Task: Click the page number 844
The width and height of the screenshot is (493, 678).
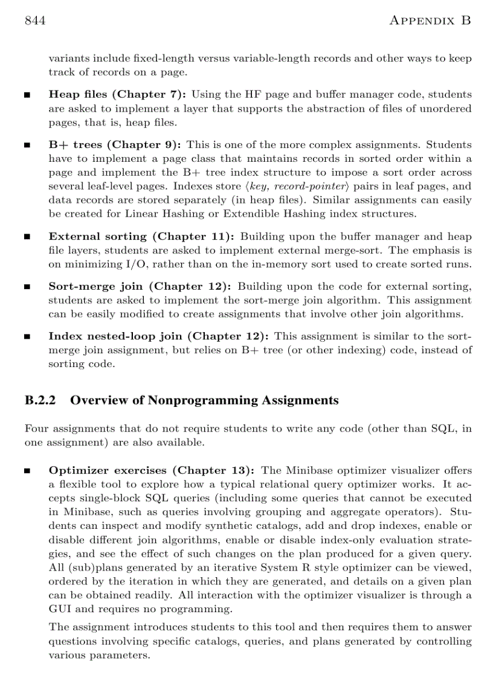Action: tap(36, 21)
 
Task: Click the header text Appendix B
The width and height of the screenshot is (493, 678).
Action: tap(430, 21)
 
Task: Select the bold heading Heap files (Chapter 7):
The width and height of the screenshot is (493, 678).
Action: tap(117, 95)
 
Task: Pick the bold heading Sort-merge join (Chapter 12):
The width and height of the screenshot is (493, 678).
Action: tap(140, 286)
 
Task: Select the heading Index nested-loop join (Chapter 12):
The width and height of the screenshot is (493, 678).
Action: tap(159, 336)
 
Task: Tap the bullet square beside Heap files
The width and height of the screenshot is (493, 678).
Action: tap(28, 95)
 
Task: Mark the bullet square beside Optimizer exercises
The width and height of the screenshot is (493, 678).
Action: tap(28, 471)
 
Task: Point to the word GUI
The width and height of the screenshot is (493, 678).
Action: tap(59, 609)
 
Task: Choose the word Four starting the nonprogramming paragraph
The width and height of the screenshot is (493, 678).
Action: tap(36, 429)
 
